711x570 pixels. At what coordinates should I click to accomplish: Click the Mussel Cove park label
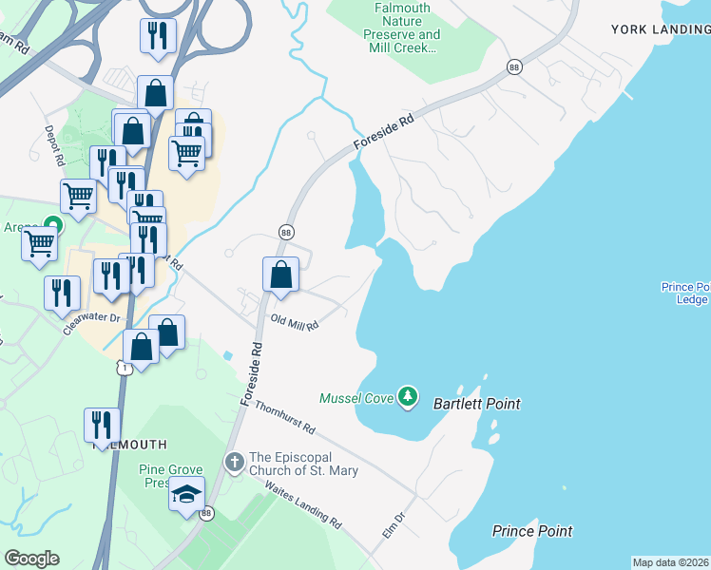tap(356, 397)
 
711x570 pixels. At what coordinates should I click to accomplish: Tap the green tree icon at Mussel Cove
tap(408, 396)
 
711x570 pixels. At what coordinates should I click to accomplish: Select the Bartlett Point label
tap(476, 404)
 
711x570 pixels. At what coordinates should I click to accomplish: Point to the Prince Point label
tap(532, 531)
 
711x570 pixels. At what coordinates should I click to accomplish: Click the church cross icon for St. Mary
tap(234, 462)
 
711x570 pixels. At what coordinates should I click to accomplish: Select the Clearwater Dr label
tap(93, 313)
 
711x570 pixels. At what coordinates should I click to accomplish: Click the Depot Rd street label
tap(52, 142)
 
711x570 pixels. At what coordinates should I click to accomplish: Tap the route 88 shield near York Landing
tap(514, 66)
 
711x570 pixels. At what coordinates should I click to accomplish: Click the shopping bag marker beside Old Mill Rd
tap(281, 275)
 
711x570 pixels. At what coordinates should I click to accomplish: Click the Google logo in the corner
tap(31, 559)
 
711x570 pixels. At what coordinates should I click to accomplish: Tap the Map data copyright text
tap(670, 562)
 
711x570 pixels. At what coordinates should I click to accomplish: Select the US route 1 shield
tap(123, 366)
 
